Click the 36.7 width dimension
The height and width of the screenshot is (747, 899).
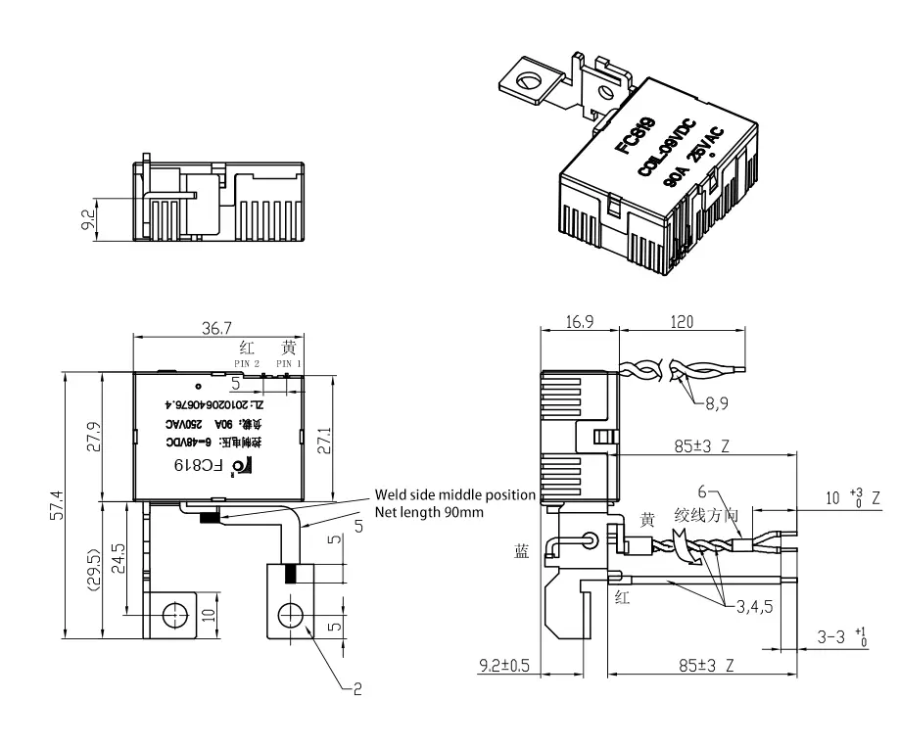pyautogui.click(x=217, y=330)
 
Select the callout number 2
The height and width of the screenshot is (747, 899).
pyautogui.click(x=356, y=689)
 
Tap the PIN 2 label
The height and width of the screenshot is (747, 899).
pyautogui.click(x=247, y=363)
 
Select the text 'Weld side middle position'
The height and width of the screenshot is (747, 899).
pyautogui.click(x=453, y=495)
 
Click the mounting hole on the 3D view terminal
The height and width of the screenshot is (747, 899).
pyautogui.click(x=532, y=79)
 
